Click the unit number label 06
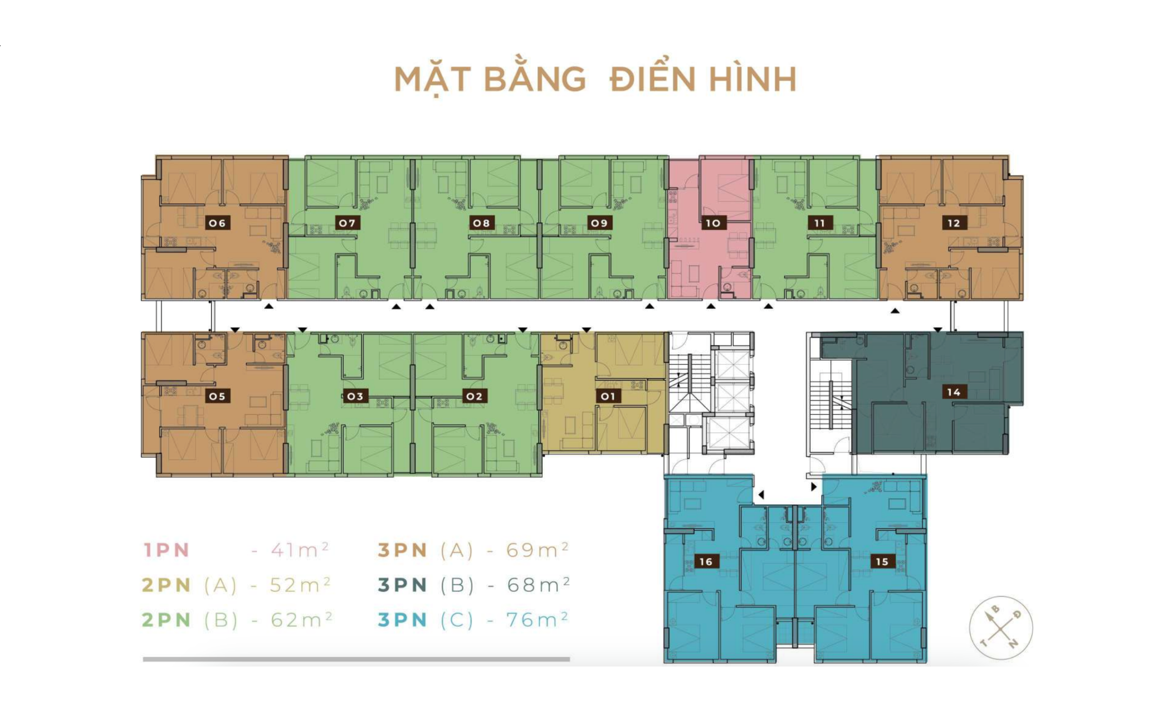tap(217, 223)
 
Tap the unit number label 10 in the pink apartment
tap(713, 223)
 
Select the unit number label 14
tap(954, 392)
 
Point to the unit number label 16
tap(706, 561)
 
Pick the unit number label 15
tap(882, 561)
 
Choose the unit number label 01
tap(607, 396)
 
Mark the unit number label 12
tap(954, 223)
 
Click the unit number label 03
tap(355, 396)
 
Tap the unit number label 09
tap(599, 223)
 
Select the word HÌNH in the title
tap(753, 79)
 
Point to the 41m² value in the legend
tap(299, 550)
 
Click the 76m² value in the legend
tap(537, 619)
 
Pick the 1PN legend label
tap(166, 550)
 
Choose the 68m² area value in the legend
tap(538, 585)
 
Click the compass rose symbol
tap(1001, 628)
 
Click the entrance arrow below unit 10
tap(711, 306)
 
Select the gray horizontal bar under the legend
tap(356, 659)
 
